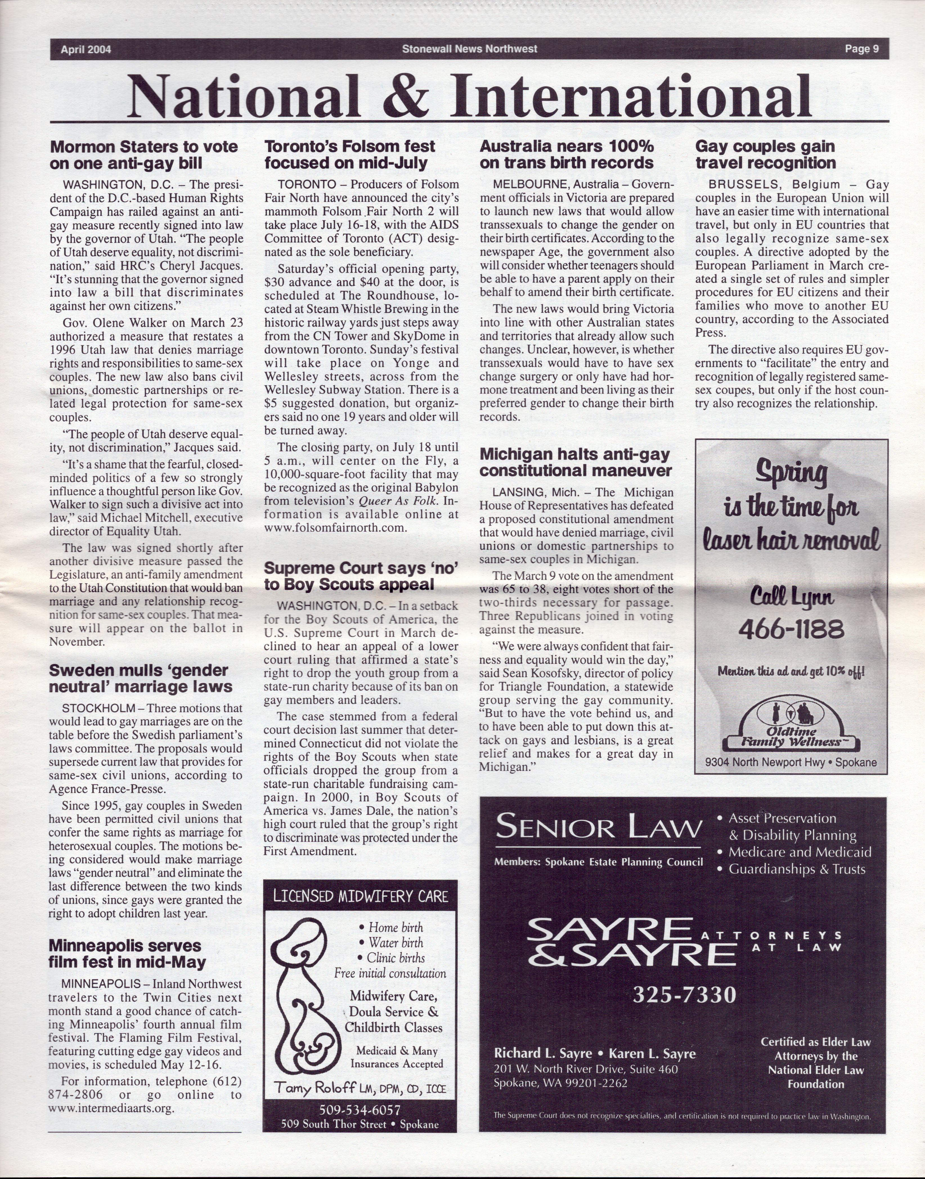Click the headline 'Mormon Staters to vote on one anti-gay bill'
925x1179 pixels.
pos(143,155)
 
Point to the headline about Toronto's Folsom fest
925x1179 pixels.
pos(349,155)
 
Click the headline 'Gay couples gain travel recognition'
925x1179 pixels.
pos(765,155)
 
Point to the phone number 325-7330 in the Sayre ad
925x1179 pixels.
pos(684,995)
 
